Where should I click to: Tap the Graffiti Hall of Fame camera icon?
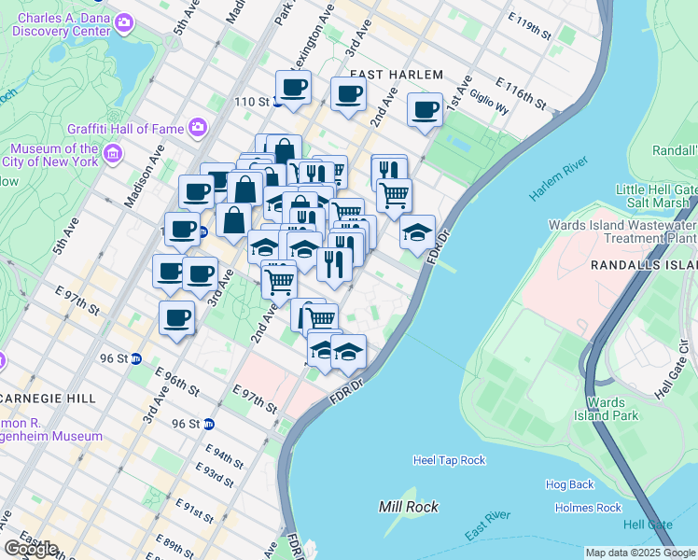coord(197,127)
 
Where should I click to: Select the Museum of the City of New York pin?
coord(113,151)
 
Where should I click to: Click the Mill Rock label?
coord(408,507)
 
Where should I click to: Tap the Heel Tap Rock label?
coord(449,460)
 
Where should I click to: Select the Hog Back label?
coord(569,484)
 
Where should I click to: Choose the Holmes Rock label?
coord(588,508)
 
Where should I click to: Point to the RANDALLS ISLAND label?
coord(644,265)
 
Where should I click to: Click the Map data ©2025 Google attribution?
coord(640,553)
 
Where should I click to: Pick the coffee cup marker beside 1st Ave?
coord(426,110)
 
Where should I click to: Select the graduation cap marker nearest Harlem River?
coord(417,231)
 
